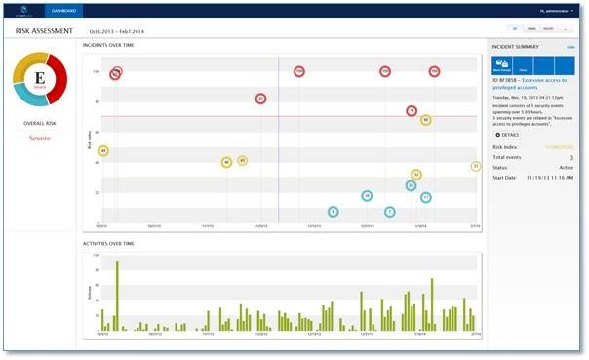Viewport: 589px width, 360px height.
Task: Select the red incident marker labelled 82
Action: [260, 99]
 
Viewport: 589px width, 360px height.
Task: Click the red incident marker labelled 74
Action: [412, 111]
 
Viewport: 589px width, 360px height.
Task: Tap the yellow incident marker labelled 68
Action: [426, 120]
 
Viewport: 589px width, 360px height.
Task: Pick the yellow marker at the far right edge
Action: [476, 167]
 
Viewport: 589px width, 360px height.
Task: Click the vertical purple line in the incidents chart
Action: [278, 146]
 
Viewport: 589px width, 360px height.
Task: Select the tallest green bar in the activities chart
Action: [117, 298]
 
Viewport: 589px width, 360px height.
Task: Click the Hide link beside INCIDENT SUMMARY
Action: [569, 47]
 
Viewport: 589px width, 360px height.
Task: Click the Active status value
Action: [566, 167]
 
